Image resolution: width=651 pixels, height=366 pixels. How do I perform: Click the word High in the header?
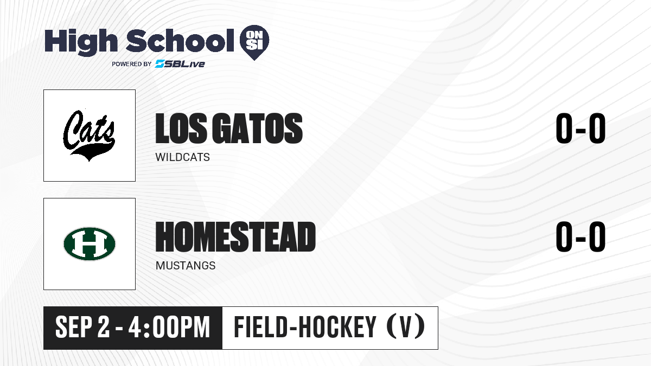(81, 42)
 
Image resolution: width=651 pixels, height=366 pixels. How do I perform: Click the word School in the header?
(180, 40)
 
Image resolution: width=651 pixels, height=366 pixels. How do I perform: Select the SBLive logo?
(180, 63)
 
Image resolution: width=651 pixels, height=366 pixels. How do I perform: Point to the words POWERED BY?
(132, 64)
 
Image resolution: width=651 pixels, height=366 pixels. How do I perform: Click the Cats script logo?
(89, 135)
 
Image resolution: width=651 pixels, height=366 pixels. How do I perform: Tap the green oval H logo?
(90, 243)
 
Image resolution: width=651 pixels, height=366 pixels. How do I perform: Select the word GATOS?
(258, 128)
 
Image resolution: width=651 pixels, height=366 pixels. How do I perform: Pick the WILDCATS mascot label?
(182, 157)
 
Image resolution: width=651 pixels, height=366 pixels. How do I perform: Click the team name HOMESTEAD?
(235, 236)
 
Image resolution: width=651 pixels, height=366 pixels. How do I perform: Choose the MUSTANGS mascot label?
(186, 266)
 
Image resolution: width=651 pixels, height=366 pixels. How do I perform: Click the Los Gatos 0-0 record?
(580, 128)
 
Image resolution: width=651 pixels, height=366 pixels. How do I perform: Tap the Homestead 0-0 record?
(580, 236)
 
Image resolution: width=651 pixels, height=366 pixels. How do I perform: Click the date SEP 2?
(82, 327)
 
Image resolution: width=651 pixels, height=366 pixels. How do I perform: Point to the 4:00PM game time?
(169, 327)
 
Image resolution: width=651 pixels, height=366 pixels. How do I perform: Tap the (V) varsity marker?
(406, 326)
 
